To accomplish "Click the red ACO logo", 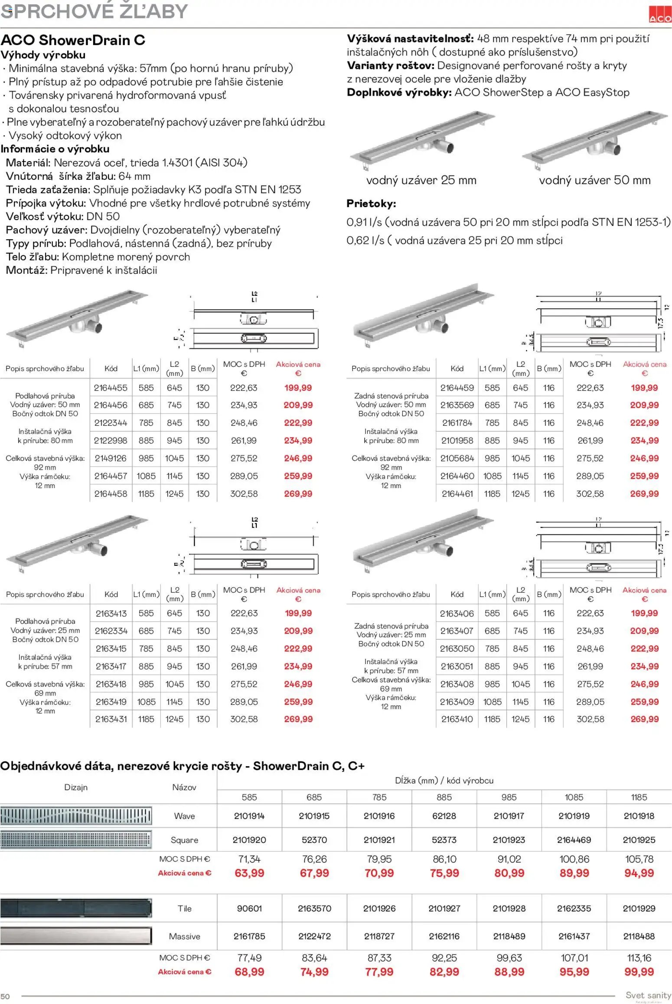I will point(660,15).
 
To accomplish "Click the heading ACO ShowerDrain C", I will point(73,40).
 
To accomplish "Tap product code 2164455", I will point(111,388).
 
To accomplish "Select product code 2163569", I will point(457,405).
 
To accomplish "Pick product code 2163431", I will point(111,719).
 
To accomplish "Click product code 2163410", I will point(457,719).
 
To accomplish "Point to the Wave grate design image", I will point(76,816).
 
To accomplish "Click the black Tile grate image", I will point(76,908).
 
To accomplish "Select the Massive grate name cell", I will point(184,936).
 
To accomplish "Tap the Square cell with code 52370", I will point(314,840).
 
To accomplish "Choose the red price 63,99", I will point(249,873).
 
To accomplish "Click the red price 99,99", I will point(639,972).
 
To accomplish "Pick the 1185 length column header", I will point(639,797).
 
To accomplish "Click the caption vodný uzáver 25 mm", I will point(421,180).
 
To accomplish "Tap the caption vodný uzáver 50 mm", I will point(594,180).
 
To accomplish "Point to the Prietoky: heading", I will point(371,204).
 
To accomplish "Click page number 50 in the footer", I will point(5,996).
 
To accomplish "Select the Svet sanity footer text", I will point(648,995).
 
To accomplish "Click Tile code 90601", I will point(249,908).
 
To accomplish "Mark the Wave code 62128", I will point(444,816).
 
